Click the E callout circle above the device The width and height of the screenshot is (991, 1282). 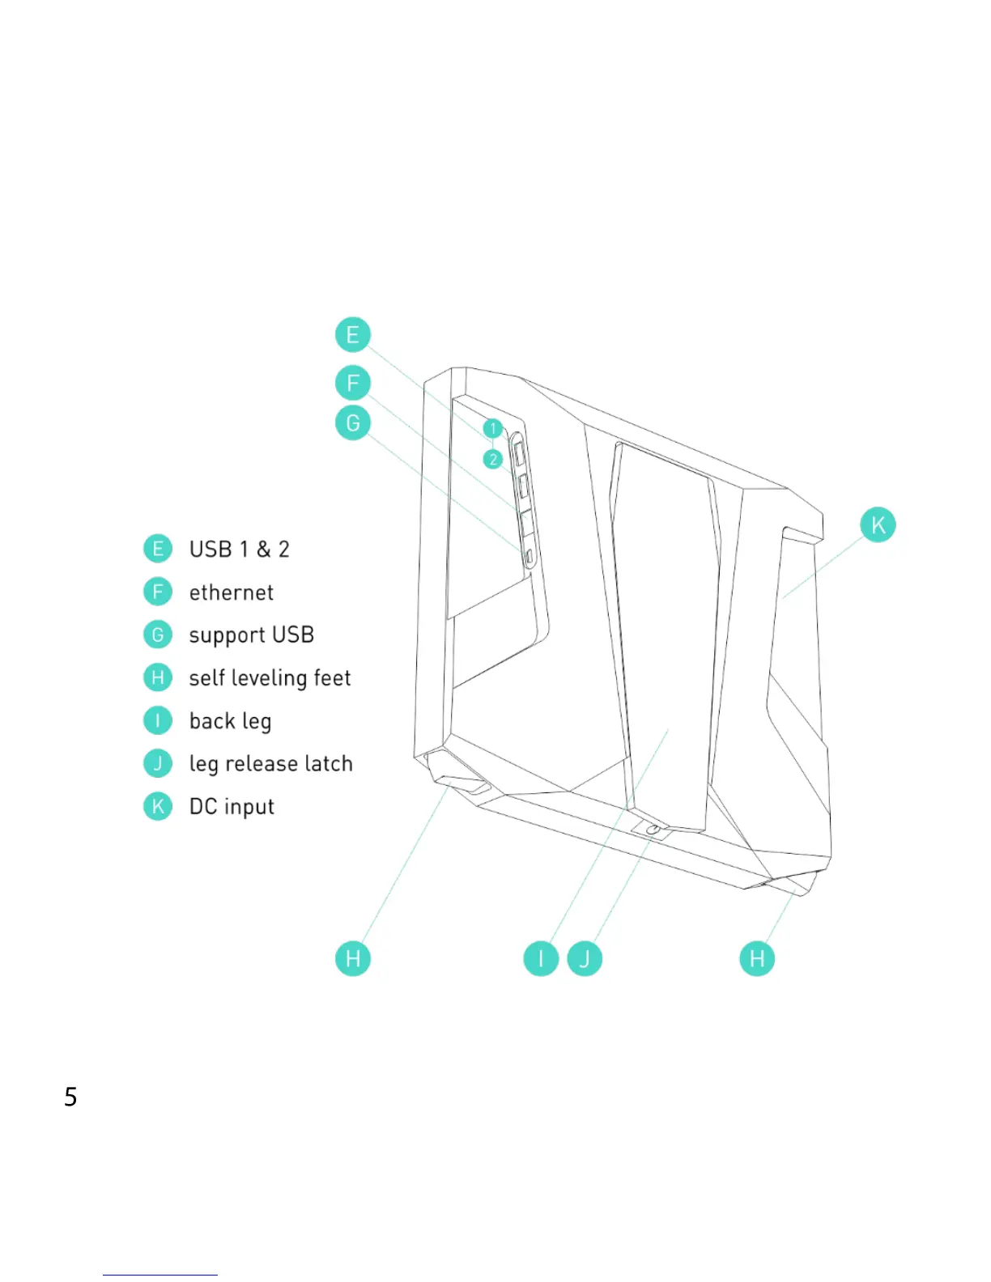coord(352,335)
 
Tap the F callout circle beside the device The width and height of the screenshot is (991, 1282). coord(352,382)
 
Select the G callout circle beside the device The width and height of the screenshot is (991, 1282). coord(352,422)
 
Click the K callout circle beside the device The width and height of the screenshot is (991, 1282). coord(878,524)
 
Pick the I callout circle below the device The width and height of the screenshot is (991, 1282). coord(541,959)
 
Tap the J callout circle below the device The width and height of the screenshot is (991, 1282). coord(585,959)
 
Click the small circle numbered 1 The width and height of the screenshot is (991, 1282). coord(492,428)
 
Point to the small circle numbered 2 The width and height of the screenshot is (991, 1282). coord(492,459)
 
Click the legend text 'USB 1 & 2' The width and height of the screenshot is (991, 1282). coord(239,550)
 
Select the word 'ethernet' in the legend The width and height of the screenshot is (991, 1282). coord(232,593)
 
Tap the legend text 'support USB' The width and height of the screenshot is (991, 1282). coord(251,635)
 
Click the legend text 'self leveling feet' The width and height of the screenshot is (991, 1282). coord(270,678)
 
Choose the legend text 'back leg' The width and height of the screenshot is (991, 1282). coord(230,721)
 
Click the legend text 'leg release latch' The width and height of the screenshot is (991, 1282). coord(270,764)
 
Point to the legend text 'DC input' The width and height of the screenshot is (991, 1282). coord(232,807)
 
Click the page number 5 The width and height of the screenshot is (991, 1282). coord(71,1097)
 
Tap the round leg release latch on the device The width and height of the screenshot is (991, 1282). coord(653,830)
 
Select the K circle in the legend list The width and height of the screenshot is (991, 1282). coord(158,806)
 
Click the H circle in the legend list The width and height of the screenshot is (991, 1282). coord(158,677)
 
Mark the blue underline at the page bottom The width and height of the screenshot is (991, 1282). coord(159,1275)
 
